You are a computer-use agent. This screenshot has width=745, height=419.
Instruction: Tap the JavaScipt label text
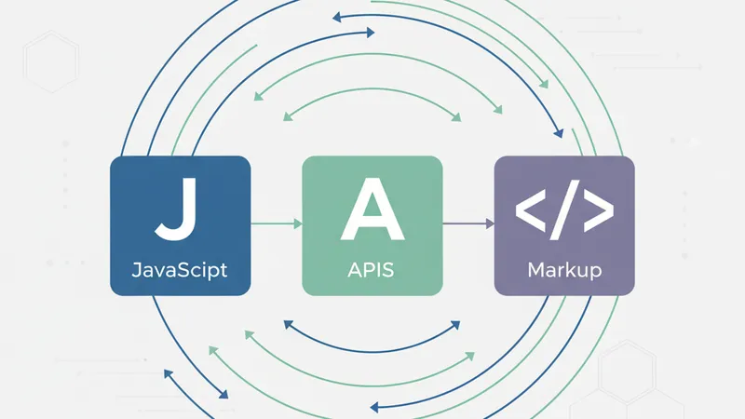click(180, 271)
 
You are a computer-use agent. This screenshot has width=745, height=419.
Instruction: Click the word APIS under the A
click(372, 271)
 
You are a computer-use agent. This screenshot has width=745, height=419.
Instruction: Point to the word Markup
click(564, 271)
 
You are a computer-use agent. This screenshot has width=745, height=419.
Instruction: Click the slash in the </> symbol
click(564, 212)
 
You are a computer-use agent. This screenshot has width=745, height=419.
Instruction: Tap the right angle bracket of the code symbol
click(598, 213)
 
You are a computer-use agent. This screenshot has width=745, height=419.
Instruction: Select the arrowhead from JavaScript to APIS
click(297, 223)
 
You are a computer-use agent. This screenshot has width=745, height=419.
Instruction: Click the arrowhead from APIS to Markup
click(489, 223)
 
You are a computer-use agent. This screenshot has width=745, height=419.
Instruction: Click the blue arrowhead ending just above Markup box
click(558, 131)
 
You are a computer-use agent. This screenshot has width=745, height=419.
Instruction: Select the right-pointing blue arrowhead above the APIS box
click(370, 33)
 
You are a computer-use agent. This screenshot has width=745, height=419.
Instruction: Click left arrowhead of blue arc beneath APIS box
click(288, 325)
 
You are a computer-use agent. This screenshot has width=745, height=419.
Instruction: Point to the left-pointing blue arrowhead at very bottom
click(373, 407)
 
